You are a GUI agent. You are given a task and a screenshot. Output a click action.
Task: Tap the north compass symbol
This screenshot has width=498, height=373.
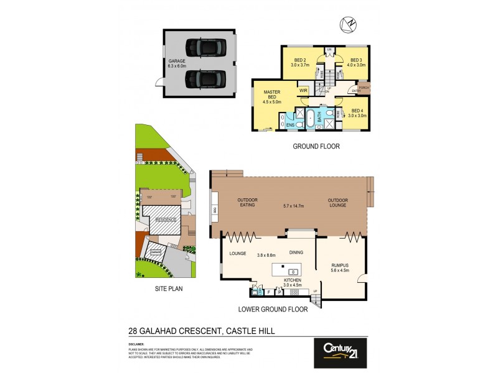click(347, 24)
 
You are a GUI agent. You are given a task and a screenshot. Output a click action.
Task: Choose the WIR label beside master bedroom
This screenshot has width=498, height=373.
click(303, 91)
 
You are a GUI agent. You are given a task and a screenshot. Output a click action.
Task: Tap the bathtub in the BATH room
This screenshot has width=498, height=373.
click(317, 116)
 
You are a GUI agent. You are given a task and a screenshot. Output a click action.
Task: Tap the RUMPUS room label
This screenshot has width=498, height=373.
click(340, 264)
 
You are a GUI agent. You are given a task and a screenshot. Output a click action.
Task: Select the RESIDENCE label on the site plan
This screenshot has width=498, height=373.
click(165, 219)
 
